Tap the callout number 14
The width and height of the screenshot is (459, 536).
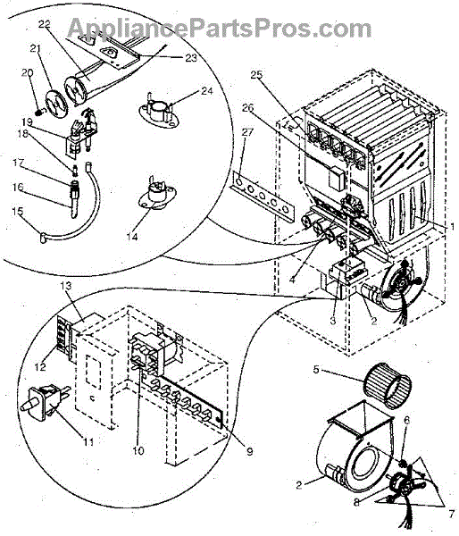(131, 236)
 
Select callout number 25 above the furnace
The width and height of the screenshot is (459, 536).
(256, 74)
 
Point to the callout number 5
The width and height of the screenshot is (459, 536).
(316, 370)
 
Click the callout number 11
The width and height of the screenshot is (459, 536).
(89, 441)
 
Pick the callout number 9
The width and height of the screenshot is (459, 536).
(250, 451)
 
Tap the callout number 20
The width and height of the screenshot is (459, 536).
(28, 73)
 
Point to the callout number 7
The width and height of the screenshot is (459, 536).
(452, 514)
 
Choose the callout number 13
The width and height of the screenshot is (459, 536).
(66, 285)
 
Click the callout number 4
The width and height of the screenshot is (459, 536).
(292, 280)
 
